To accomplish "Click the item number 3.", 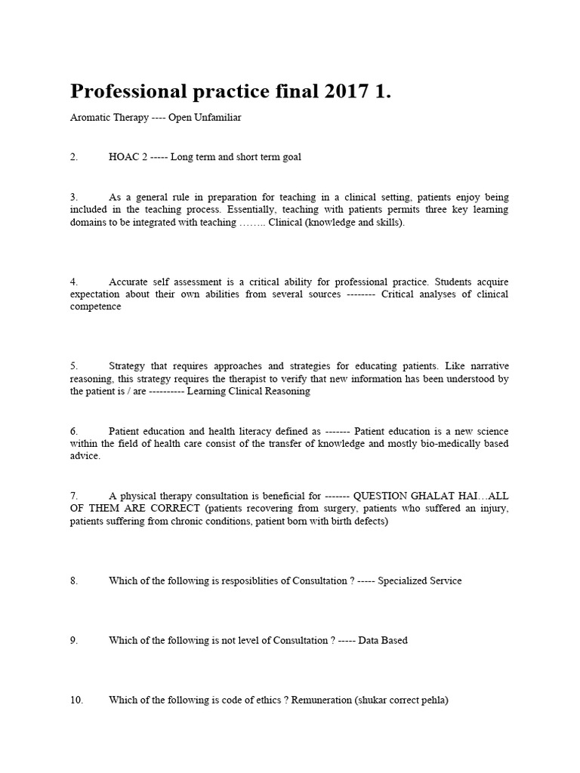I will tap(74, 196).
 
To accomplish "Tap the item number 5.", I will tap(74, 365).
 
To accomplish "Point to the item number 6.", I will tap(74, 430).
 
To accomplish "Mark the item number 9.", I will tap(74, 640).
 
